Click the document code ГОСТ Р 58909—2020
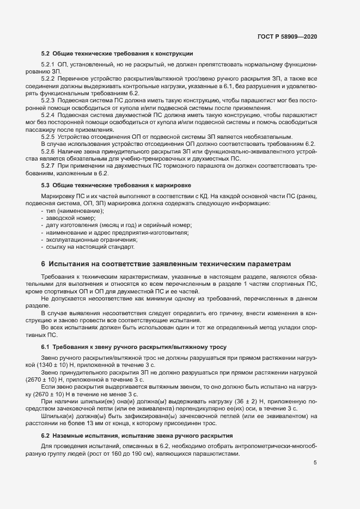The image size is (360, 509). (287, 36)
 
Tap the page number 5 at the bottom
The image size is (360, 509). (315, 463)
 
